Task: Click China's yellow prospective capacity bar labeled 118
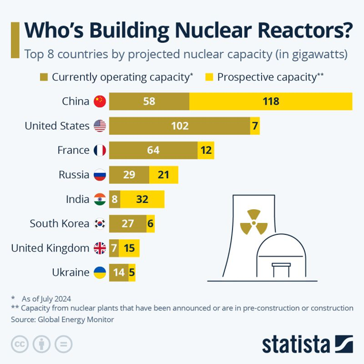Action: click(x=271, y=101)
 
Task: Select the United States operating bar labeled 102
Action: click(x=180, y=126)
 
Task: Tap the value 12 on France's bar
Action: click(x=206, y=150)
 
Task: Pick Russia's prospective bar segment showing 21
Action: click(x=163, y=175)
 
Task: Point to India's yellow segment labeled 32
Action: click(x=142, y=199)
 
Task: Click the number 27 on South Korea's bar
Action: click(x=127, y=224)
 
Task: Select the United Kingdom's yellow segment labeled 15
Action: click(x=129, y=248)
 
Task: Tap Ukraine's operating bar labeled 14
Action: click(x=119, y=273)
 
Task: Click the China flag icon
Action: click(x=100, y=101)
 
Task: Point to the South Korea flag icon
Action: click(x=100, y=224)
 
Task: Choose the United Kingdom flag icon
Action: click(x=100, y=248)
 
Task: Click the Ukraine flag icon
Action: click(x=100, y=273)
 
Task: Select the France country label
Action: click(x=73, y=150)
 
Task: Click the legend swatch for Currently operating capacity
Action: click(x=44, y=77)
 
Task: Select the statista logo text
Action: click(x=296, y=345)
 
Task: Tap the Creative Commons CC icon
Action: click(x=19, y=344)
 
